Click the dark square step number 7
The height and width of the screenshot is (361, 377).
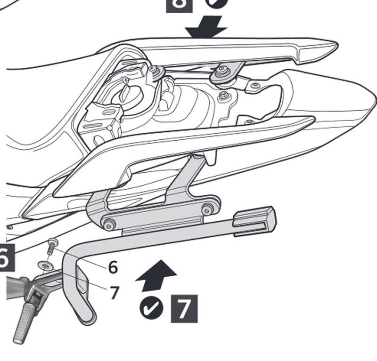pyautogui.click(x=184, y=308)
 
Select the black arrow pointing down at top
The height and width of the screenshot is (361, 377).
pyautogui.click(x=206, y=27)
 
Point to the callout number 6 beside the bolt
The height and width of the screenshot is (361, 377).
pyautogui.click(x=113, y=267)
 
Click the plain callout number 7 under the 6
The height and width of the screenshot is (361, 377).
pyautogui.click(x=114, y=292)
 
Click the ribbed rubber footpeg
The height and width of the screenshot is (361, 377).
pyautogui.click(x=25, y=321)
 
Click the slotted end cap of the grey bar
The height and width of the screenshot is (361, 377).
pyautogui.click(x=257, y=219)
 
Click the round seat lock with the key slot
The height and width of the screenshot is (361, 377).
pyautogui.click(x=127, y=93)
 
